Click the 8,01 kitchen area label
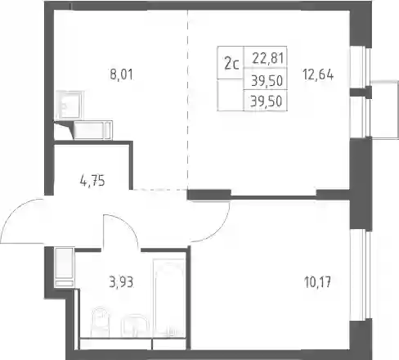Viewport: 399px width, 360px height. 122,74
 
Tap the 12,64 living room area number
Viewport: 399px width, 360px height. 318,74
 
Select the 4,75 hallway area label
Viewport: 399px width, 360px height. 92,181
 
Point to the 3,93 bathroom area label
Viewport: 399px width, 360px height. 121,282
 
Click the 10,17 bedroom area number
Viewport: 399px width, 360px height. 317,282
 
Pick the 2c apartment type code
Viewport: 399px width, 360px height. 231,64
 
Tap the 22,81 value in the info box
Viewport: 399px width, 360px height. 268,58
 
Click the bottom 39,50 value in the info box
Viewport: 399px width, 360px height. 267,101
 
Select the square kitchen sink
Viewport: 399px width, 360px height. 69,105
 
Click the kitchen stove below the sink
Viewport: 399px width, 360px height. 92,130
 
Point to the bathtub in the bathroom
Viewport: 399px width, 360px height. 169,298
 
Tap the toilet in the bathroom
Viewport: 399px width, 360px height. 101,322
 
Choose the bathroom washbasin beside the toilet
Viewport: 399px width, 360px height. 134,326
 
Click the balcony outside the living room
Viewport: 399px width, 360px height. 384,109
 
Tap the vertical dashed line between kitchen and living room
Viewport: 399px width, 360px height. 188,100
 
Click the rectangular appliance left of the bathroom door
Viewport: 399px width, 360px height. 65,268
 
